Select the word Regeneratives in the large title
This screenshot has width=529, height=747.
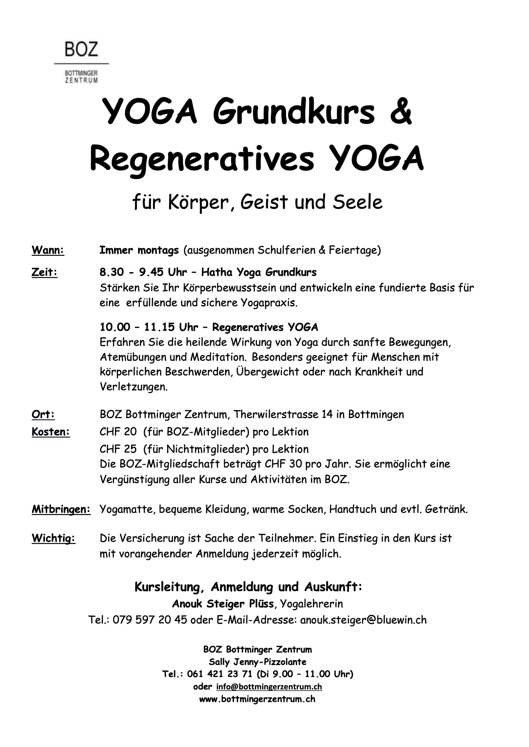[202, 159]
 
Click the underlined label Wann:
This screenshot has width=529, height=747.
[48, 250]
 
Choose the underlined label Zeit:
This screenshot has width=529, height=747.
[44, 272]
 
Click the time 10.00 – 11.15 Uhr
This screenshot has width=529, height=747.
[149, 327]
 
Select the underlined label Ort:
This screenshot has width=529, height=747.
[43, 414]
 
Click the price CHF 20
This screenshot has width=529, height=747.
[118, 432]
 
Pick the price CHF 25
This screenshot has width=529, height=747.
[118, 449]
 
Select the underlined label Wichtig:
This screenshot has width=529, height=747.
[53, 538]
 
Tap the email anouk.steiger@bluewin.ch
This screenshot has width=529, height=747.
[363, 620]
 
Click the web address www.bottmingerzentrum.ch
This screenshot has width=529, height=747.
[257, 699]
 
